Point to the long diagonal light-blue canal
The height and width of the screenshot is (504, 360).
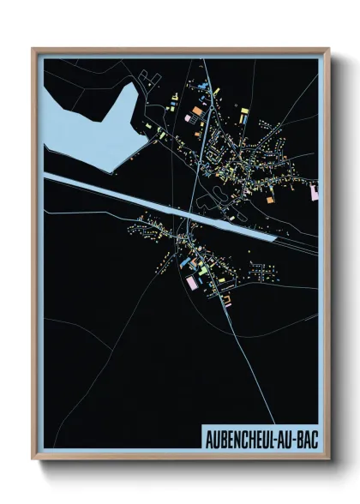pos(154,206)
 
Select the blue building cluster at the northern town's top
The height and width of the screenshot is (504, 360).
pos(201,86)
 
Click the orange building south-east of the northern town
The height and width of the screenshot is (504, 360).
pos(269,199)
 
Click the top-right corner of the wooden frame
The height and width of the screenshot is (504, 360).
pos(328,50)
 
